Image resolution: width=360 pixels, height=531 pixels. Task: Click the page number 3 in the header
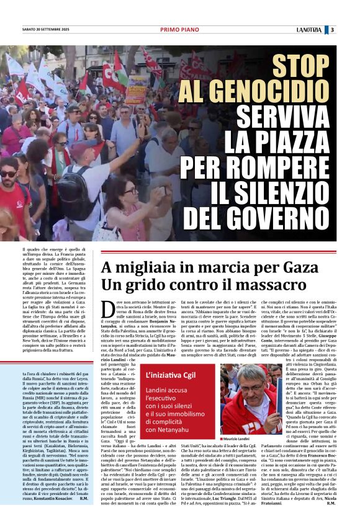tap(332, 30)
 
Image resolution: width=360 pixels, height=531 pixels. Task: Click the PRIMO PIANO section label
tap(179, 30)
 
